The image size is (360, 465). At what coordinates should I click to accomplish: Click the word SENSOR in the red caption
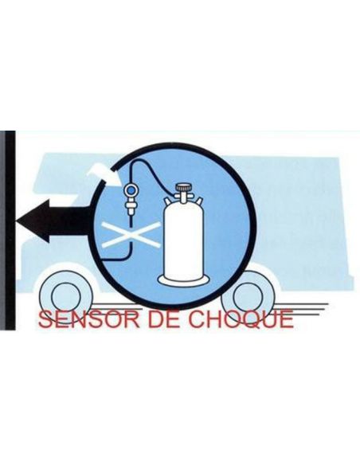click(x=88, y=319)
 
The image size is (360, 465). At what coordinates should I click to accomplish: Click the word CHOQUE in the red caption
click(x=239, y=319)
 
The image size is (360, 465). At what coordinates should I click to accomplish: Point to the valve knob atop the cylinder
click(x=184, y=187)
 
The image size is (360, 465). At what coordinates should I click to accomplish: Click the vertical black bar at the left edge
click(x=8, y=231)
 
